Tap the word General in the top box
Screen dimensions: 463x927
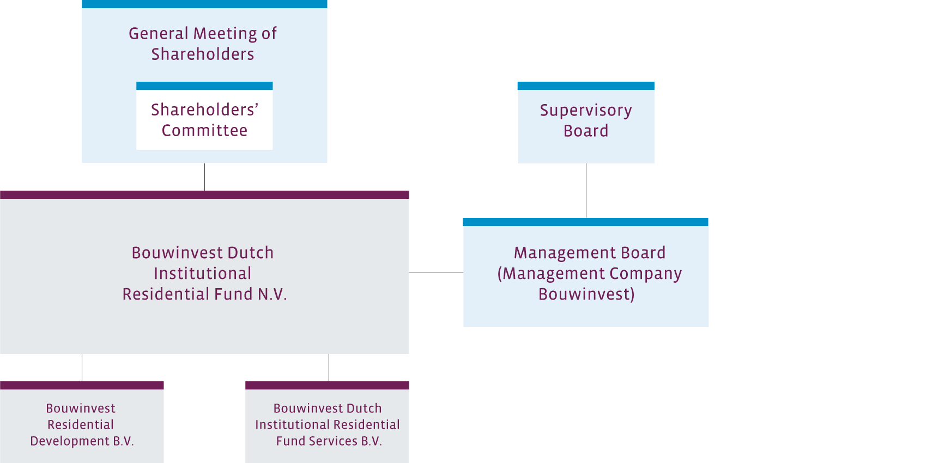coord(159,34)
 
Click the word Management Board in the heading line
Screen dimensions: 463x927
coord(590,253)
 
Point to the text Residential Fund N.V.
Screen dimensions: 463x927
coord(204,294)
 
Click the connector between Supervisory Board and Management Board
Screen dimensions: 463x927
coord(586,191)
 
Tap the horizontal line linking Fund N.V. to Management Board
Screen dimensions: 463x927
coord(436,272)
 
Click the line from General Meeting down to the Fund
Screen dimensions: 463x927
coord(204,177)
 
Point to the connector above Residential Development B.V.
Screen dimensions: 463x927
coord(82,368)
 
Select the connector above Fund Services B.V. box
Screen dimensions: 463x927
coord(329,368)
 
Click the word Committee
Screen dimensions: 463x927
coord(204,131)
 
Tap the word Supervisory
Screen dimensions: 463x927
coord(586,111)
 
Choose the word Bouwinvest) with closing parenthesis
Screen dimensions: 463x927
coord(586,294)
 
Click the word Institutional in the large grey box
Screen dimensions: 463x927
coord(203,273)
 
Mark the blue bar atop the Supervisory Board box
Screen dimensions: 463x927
coord(586,86)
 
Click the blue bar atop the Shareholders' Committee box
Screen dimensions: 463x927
coord(204,86)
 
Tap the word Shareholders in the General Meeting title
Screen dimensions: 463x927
coord(203,54)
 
